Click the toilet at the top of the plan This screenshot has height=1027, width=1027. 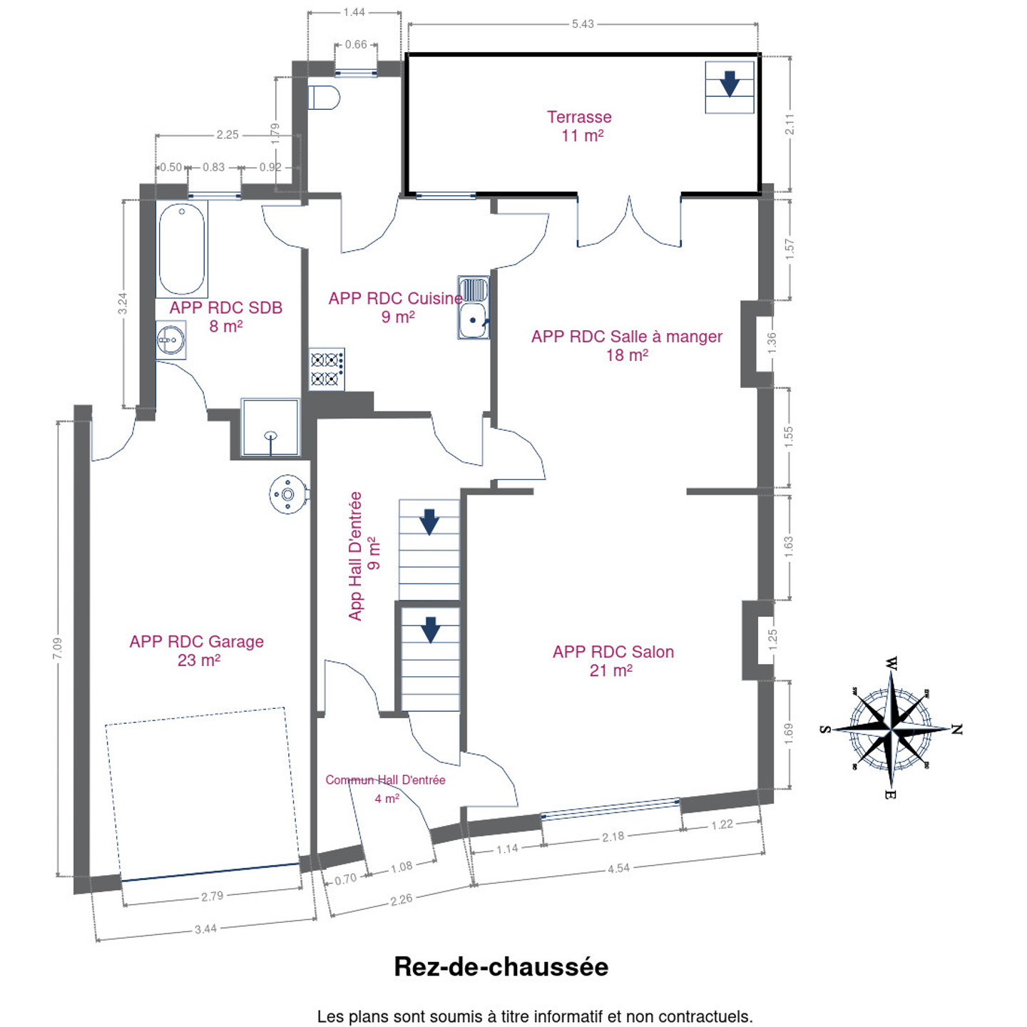[324, 97]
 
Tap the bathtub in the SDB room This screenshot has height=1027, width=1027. [182, 250]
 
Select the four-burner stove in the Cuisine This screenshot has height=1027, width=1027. [327, 369]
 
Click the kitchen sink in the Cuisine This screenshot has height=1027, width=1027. [474, 307]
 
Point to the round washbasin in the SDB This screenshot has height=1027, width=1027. [171, 339]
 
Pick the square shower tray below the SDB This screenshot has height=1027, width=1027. [270, 427]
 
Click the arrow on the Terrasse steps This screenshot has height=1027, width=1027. [729, 83]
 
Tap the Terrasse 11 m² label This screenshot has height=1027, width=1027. [580, 126]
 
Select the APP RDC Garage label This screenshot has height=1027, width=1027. [197, 650]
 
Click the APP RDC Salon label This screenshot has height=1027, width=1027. [613, 661]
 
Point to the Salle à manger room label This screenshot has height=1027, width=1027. [627, 345]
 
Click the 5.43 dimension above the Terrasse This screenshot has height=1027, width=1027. [583, 24]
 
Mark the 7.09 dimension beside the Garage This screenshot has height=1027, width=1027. [58, 648]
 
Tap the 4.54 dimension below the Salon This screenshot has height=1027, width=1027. [618, 868]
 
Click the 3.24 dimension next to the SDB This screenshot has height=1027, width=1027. [123, 303]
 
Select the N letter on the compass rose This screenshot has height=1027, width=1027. [956, 730]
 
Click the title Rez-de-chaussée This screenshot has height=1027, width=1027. [501, 966]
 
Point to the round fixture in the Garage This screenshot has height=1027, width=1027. [288, 494]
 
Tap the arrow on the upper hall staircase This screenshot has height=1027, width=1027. [429, 522]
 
